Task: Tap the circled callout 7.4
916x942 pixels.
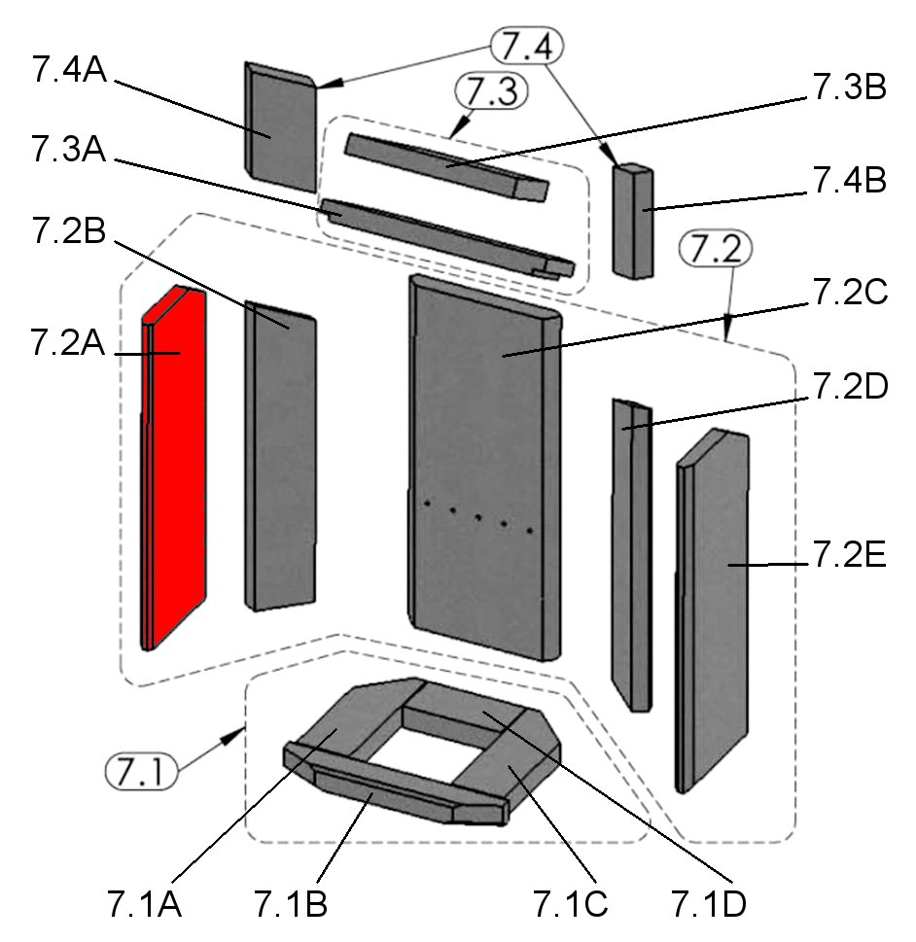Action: [x=526, y=45]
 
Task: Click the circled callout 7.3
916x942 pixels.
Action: [x=490, y=92]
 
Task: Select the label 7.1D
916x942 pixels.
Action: [x=710, y=903]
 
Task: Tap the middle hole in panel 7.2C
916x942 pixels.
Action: [x=478, y=516]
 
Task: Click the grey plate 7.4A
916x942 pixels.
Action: [x=280, y=126]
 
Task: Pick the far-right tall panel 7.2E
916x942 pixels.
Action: [x=715, y=603]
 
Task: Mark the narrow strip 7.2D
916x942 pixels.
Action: [x=630, y=554]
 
